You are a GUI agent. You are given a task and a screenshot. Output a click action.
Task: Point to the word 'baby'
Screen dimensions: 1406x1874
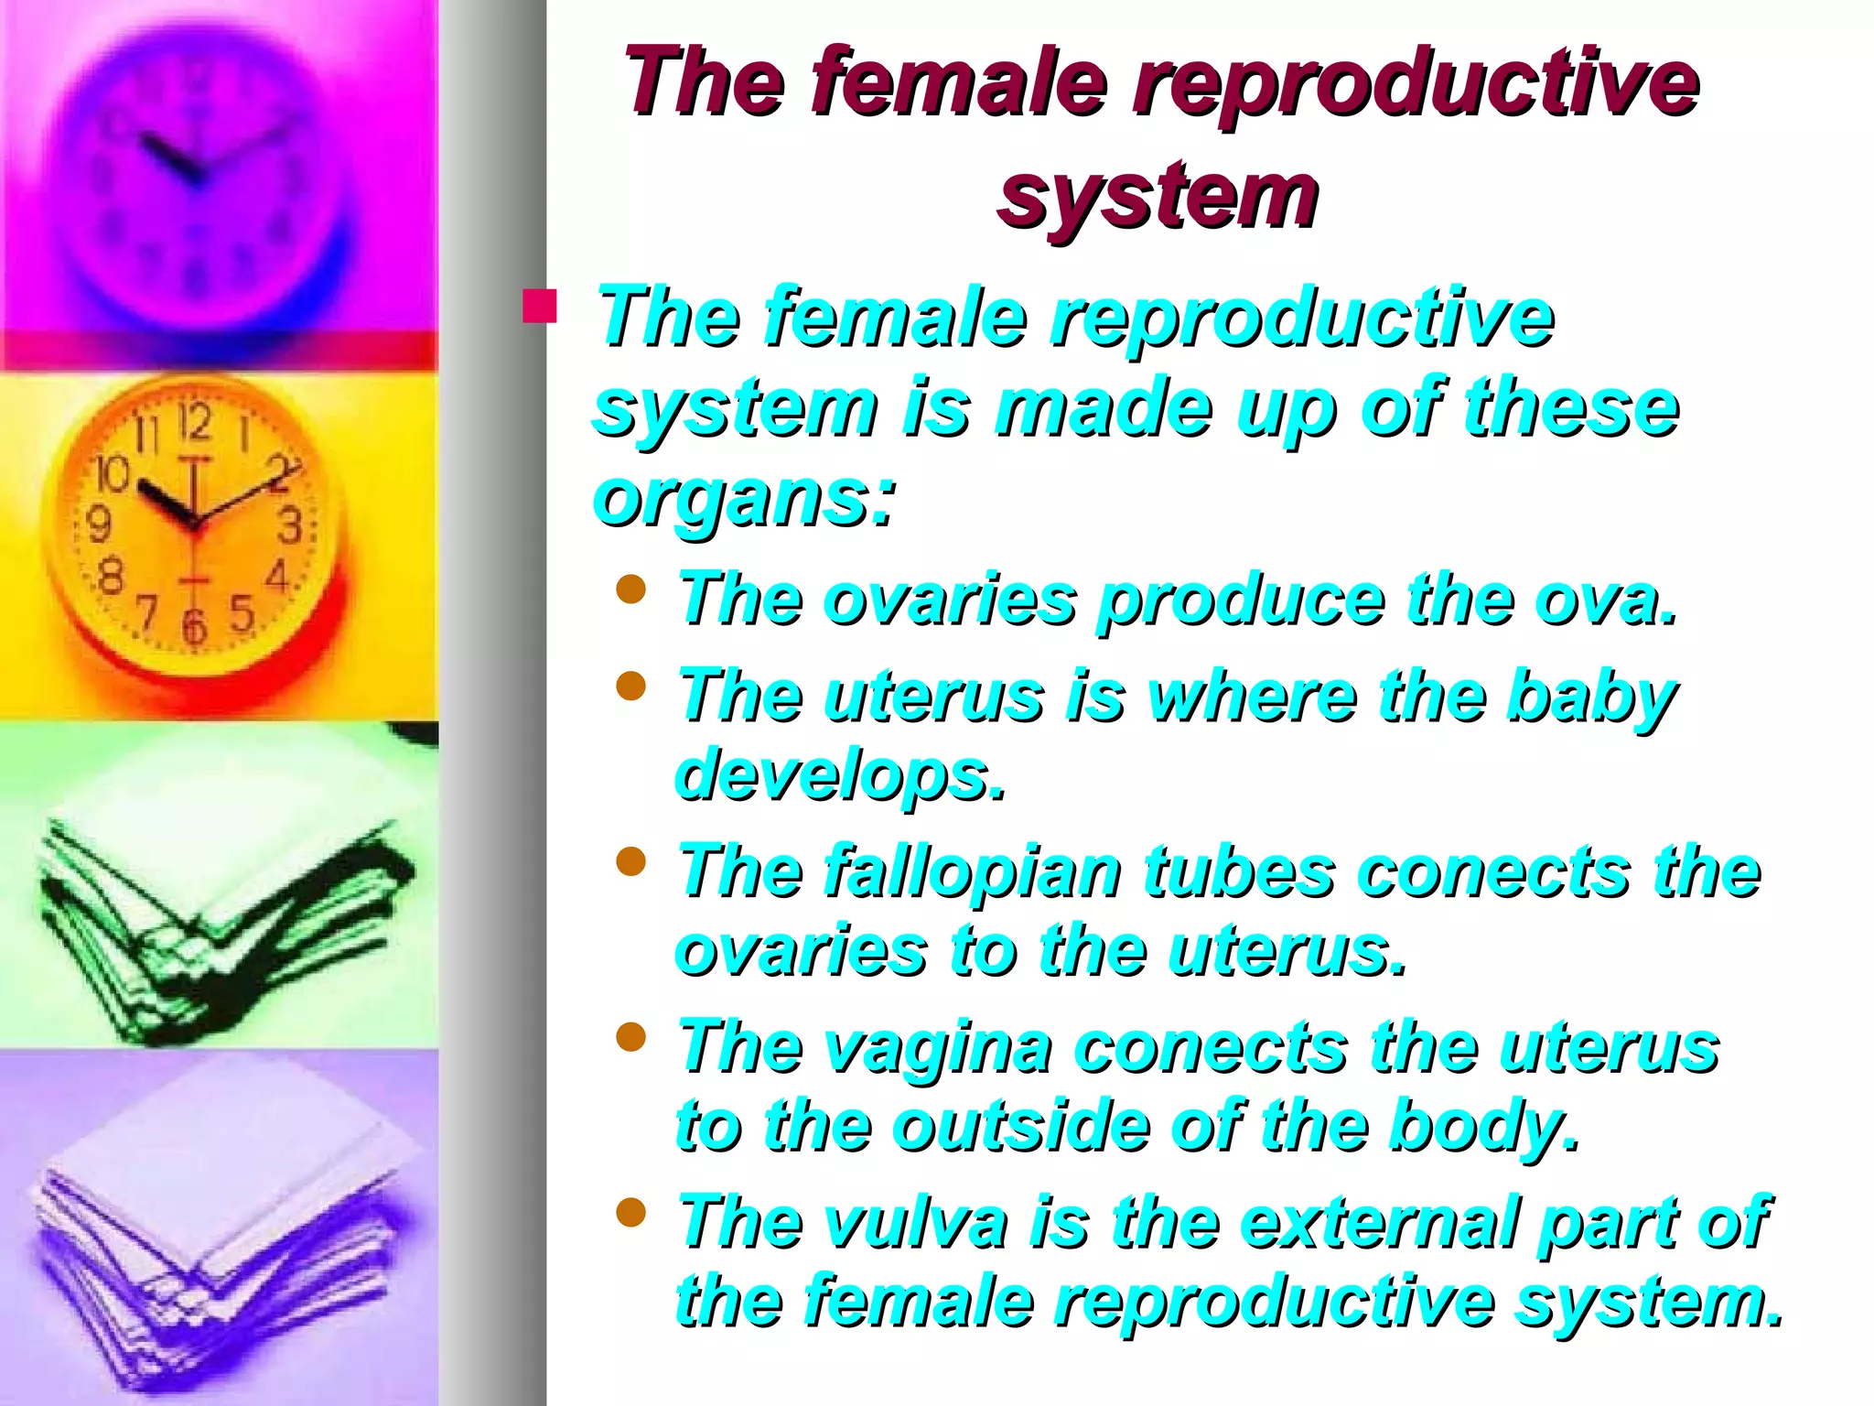pyautogui.click(x=1592, y=698)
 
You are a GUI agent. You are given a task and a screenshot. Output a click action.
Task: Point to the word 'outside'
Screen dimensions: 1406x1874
pyautogui.click(x=1020, y=1127)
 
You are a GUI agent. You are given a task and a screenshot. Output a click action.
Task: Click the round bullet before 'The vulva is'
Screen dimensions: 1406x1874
pyautogui.click(x=631, y=1213)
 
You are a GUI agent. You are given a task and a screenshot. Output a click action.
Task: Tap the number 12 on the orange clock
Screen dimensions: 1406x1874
pyautogui.click(x=195, y=422)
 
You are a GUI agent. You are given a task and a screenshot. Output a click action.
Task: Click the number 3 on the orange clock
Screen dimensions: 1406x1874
pyautogui.click(x=290, y=525)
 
